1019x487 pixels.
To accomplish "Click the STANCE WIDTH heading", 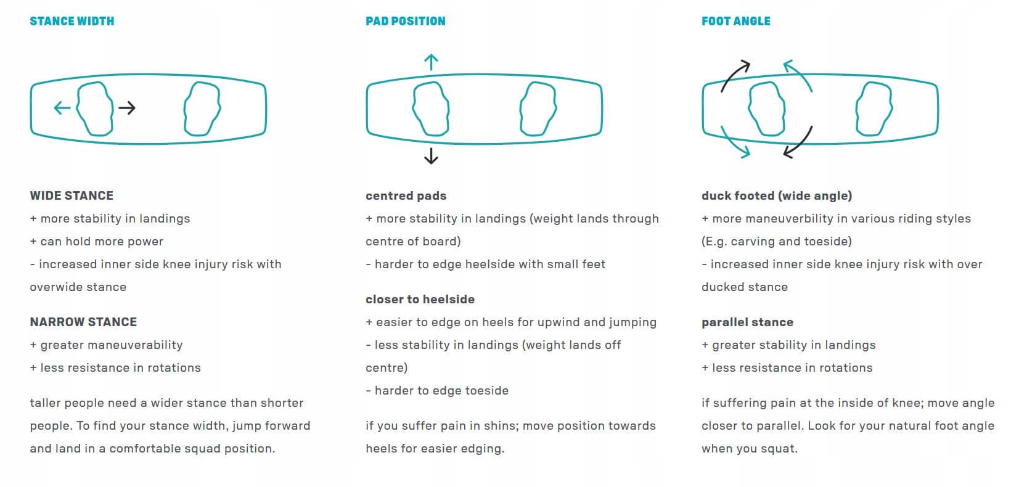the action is point(72,21).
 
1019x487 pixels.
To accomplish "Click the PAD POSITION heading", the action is point(405,21).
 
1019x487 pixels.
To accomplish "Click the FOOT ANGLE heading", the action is point(735,21).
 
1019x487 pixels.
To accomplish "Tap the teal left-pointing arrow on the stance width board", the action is point(62,108).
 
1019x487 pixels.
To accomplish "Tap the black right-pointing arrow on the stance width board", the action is point(127,108).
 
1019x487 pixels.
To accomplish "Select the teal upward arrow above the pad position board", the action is point(431,62).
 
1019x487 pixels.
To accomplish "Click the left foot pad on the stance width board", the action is point(95,108).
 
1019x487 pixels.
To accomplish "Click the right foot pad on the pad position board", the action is point(538,108).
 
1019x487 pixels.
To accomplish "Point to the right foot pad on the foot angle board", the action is point(874,108).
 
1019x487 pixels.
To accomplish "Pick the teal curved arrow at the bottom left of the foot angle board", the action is point(734,143).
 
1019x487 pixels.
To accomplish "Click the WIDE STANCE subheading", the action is point(72,196).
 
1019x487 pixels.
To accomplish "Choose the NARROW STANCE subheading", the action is point(83,322).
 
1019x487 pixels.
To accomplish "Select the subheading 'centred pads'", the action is point(406,196).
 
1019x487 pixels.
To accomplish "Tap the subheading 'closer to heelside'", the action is point(420,300).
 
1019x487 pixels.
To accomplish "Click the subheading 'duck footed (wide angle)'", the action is point(777,196).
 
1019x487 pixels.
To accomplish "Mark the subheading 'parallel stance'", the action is point(747,322).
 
